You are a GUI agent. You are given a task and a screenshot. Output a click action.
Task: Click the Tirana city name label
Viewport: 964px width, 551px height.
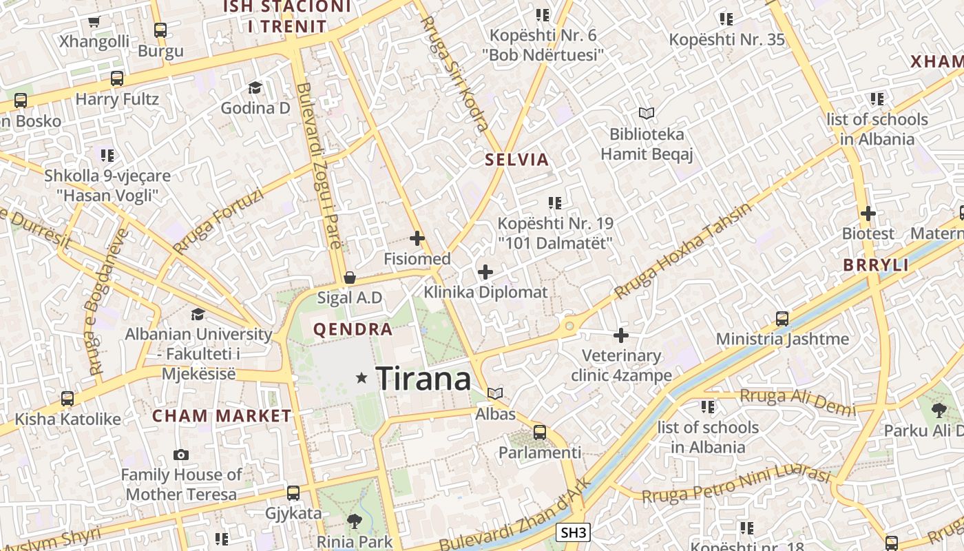point(423,378)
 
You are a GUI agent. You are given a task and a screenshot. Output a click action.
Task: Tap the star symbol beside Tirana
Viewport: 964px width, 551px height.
point(361,377)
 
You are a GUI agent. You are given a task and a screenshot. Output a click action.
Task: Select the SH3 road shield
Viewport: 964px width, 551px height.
point(573,532)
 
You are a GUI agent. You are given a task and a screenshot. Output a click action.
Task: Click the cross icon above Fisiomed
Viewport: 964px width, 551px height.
point(417,239)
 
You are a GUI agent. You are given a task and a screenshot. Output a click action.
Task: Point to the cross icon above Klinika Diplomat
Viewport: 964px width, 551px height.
point(485,271)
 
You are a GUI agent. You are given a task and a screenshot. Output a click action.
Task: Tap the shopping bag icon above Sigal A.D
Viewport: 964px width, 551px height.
point(350,278)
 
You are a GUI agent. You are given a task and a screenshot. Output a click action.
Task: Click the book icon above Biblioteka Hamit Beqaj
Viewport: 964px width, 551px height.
point(646,113)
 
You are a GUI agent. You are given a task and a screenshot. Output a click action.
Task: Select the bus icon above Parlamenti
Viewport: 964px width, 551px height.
point(540,433)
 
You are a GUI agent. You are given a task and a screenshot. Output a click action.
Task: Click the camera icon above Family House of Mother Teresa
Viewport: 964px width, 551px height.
point(181,455)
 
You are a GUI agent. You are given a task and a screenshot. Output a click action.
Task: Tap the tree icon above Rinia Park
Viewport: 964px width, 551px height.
point(355,521)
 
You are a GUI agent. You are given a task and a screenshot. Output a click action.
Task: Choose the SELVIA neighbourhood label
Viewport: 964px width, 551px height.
point(517,160)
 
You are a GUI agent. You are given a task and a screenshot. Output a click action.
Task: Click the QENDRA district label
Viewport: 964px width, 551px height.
point(353,329)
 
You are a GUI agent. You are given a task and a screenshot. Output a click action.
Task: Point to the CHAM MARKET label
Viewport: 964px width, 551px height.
point(222,416)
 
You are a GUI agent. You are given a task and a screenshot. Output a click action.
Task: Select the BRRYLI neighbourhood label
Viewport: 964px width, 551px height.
point(876,265)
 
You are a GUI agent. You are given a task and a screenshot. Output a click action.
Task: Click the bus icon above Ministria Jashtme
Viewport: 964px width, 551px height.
point(782,318)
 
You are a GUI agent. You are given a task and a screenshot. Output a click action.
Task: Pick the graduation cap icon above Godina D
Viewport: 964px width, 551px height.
point(255,87)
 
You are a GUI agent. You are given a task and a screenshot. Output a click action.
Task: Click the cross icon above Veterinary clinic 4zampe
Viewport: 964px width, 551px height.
point(621,335)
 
